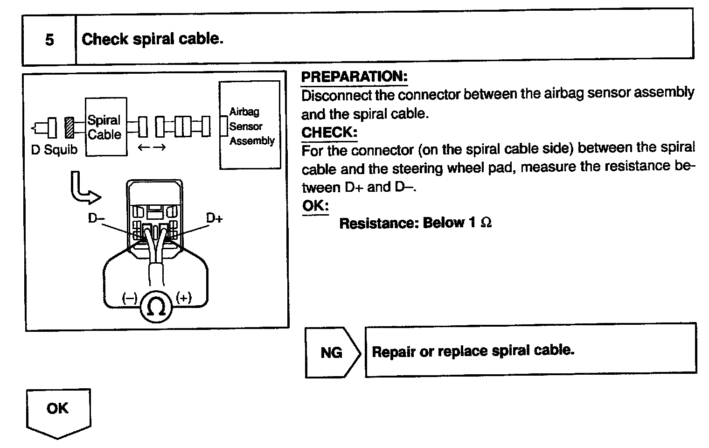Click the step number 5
tap(49, 40)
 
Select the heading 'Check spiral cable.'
tap(153, 39)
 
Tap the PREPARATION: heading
tap(354, 77)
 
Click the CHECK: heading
tap(329, 133)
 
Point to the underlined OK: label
tap(315, 205)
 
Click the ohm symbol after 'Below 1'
tap(486, 223)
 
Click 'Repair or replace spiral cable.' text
tap(473, 351)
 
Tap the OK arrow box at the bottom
tap(58, 411)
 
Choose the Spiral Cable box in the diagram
tap(105, 127)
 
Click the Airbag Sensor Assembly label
tap(251, 126)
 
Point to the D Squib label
tap(54, 150)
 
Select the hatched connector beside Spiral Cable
tap(70, 127)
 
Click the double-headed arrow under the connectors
tap(152, 148)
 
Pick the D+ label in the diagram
tap(214, 218)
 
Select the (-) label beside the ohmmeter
tap(129, 298)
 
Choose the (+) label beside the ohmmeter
tap(184, 298)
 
